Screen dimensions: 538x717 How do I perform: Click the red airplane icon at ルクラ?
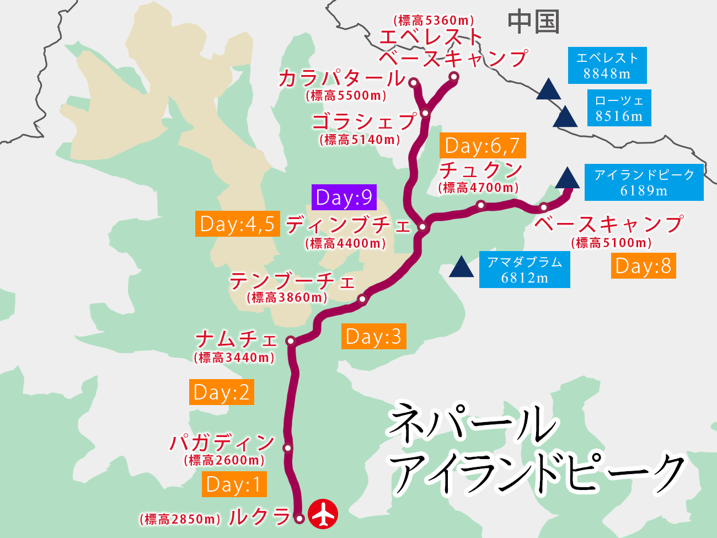[x=323, y=514]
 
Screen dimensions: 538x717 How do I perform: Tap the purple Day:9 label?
[x=344, y=197]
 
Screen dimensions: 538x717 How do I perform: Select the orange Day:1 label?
[x=234, y=484]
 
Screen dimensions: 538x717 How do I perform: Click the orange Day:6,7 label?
[x=483, y=146]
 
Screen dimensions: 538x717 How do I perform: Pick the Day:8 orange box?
[x=643, y=265]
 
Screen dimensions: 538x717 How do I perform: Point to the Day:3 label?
[x=373, y=336]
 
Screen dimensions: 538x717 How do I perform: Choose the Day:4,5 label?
[x=237, y=223]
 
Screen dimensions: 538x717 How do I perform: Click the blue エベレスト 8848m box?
[x=607, y=66]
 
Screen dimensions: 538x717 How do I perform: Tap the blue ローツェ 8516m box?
[x=619, y=108]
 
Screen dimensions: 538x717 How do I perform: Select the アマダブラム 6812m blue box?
[x=525, y=269]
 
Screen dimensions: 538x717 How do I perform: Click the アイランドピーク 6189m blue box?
[x=644, y=182]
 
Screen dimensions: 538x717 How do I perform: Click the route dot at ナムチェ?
[x=291, y=342]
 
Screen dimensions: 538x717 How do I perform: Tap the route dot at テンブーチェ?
[x=362, y=299]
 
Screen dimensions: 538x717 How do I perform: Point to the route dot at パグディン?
[x=287, y=448]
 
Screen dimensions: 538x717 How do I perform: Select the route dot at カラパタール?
[x=414, y=83]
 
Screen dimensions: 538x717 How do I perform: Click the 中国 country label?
[x=533, y=22]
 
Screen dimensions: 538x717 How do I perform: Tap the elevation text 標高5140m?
[x=360, y=140]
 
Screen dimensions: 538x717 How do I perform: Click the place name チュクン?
[x=481, y=169]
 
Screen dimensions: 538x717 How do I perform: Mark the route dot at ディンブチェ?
[x=422, y=226]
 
